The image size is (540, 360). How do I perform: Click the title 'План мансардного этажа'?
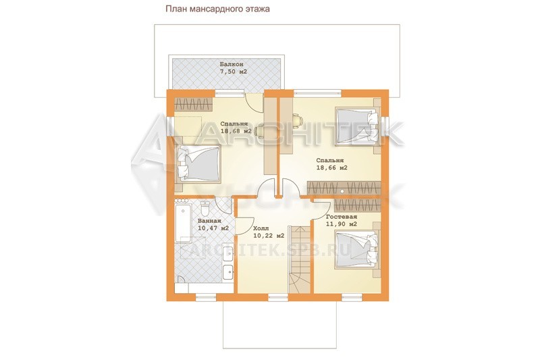pos(217,9)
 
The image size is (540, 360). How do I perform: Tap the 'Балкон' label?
pos(232,64)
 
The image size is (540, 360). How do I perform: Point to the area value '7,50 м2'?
pos(234,72)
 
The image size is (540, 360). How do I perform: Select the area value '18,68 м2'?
pos(236,131)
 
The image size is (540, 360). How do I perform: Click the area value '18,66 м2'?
pos(331,168)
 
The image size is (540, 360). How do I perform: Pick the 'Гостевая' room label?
pos(342,217)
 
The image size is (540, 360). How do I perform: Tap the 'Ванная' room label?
pos(209,221)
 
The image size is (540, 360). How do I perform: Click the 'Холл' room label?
pos(261,228)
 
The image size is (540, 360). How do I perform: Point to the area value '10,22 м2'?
pos(269,236)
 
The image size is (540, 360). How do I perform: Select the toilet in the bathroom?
pos(205,208)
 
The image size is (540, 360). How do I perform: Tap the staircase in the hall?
pos(299,259)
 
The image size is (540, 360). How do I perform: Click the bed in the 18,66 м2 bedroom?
pos(357,126)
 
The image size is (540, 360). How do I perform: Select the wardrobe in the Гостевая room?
pos(358,205)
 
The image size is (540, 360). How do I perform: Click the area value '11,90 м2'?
pos(342,224)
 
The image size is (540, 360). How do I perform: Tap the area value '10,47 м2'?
pos(213,228)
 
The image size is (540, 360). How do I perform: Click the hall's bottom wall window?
pos(278,297)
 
